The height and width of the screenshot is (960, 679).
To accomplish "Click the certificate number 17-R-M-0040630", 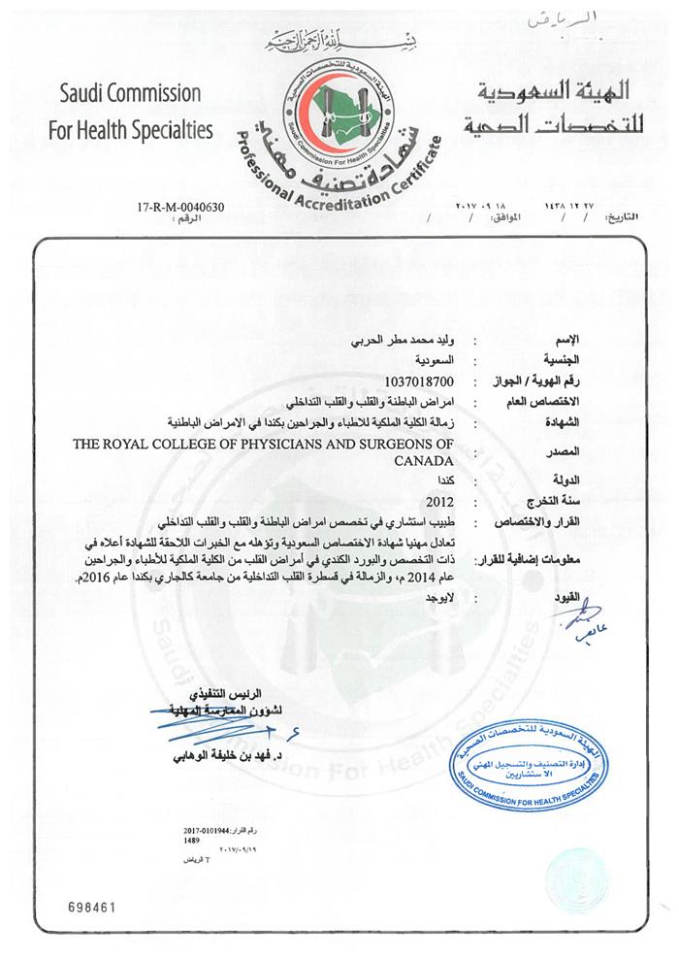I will click(x=182, y=208).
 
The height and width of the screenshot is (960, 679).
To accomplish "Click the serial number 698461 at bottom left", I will click(x=92, y=907).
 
